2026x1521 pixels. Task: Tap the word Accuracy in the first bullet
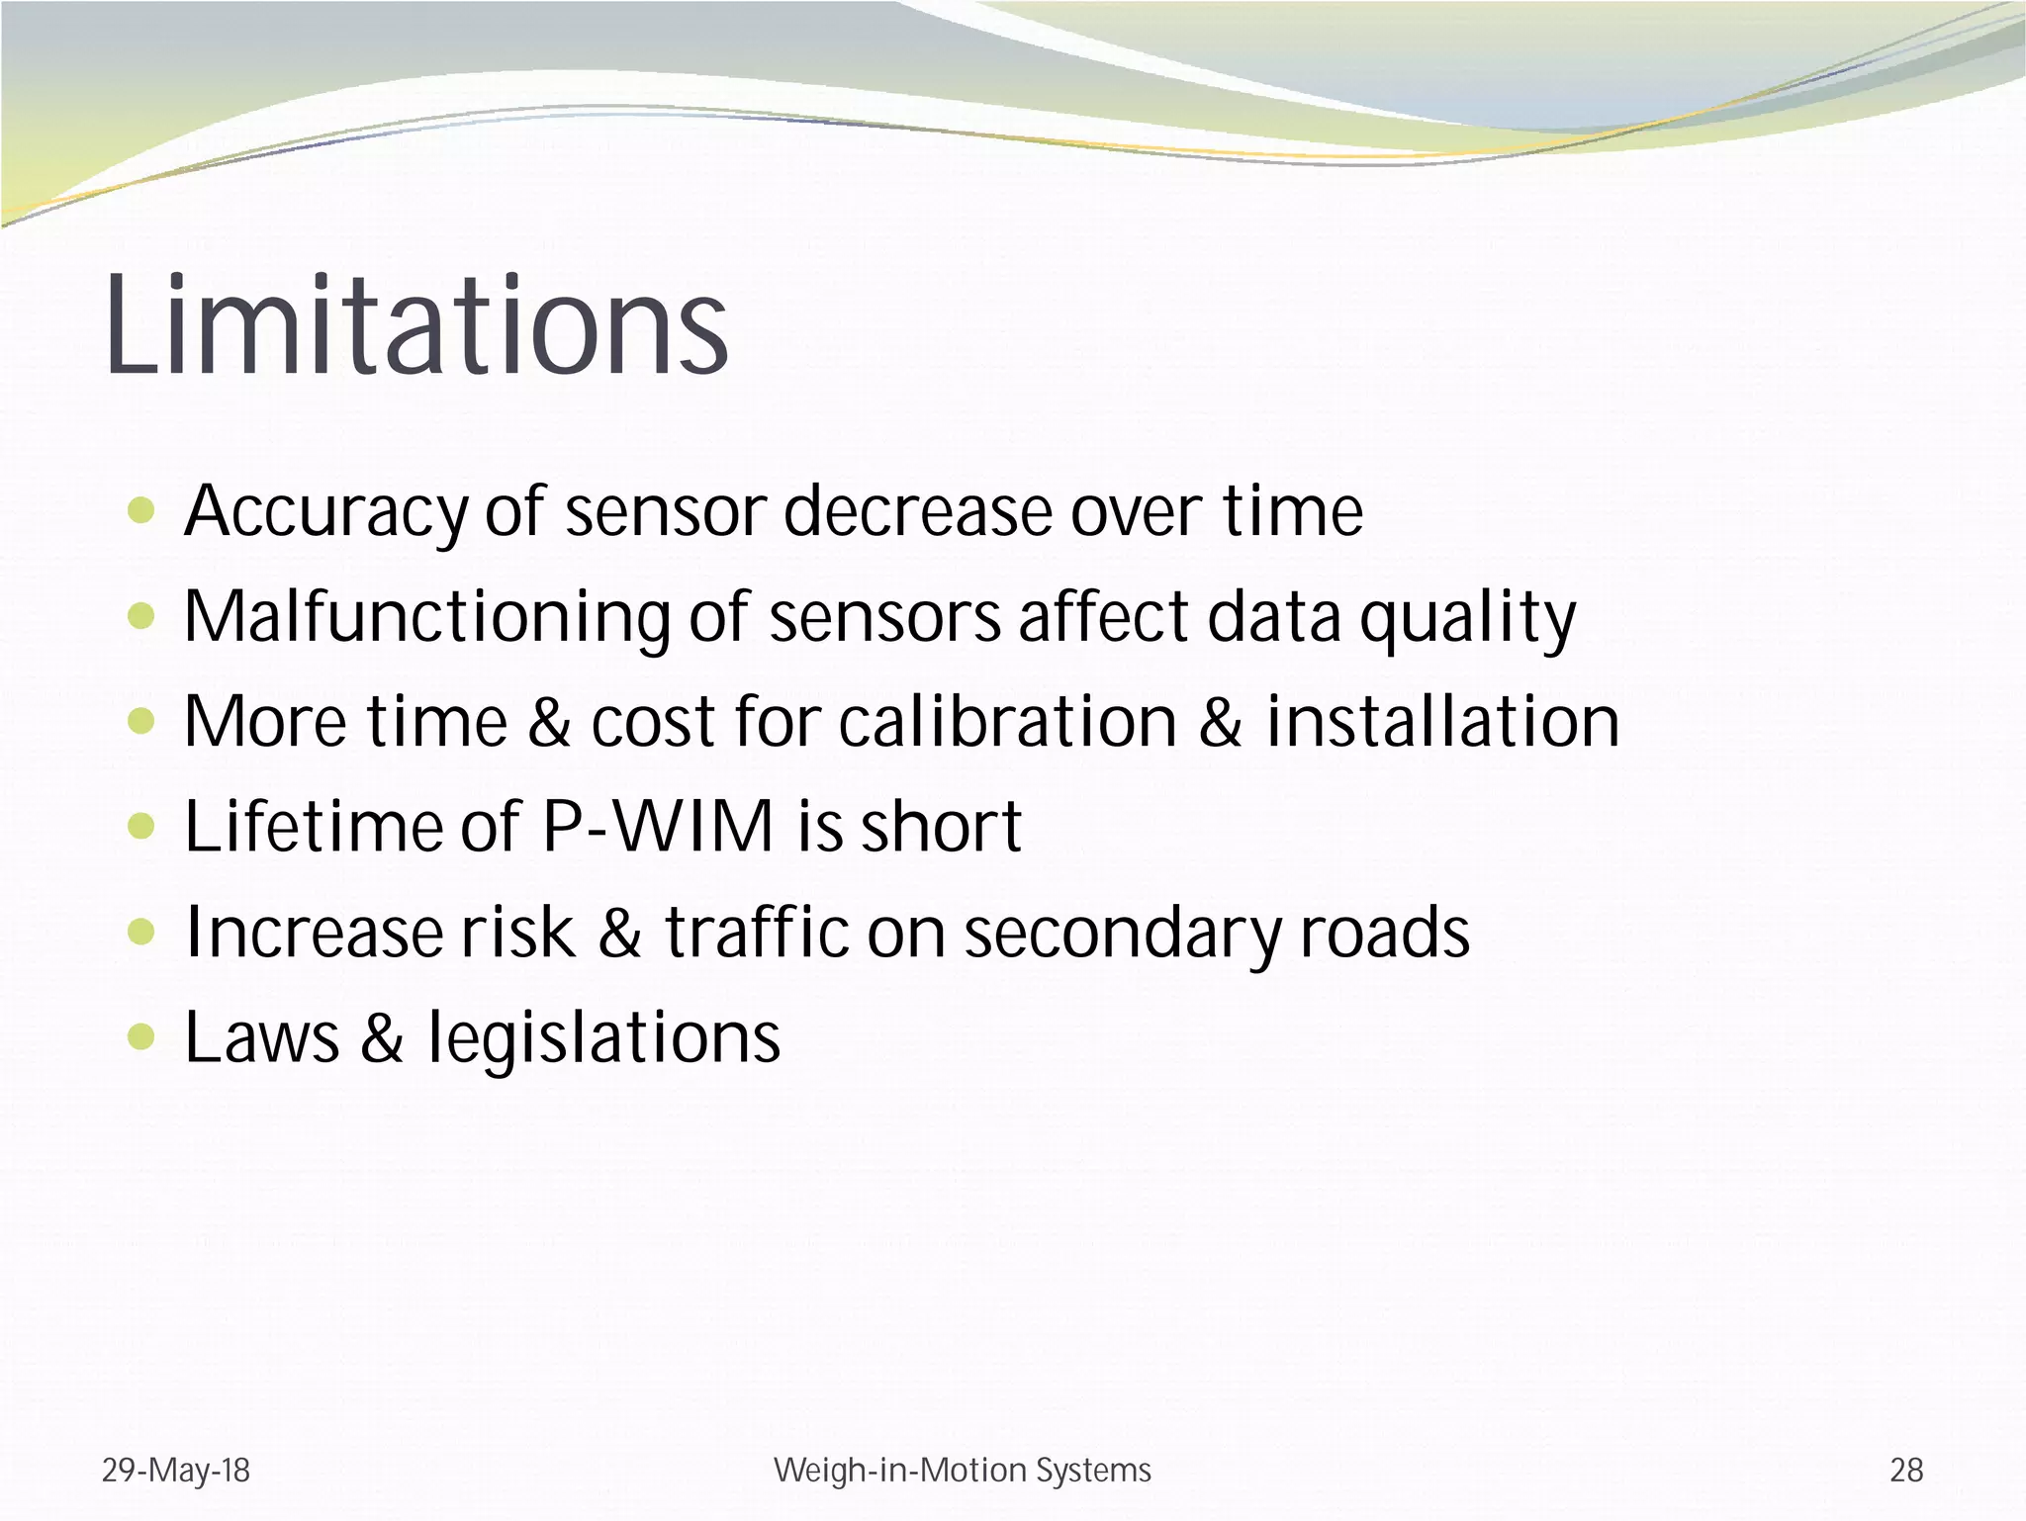326,512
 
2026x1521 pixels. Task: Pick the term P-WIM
658,826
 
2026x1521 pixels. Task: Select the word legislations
603,1037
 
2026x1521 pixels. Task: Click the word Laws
262,1037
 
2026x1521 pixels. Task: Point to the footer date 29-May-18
176,1471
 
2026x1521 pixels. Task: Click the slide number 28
1906,1471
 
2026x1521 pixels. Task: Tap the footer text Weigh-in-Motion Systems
963,1471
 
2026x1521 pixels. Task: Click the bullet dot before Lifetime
142,826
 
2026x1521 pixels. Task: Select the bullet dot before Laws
142,1036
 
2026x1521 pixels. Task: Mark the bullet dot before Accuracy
142,510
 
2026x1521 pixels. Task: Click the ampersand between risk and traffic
620,933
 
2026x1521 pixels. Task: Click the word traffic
756,933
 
